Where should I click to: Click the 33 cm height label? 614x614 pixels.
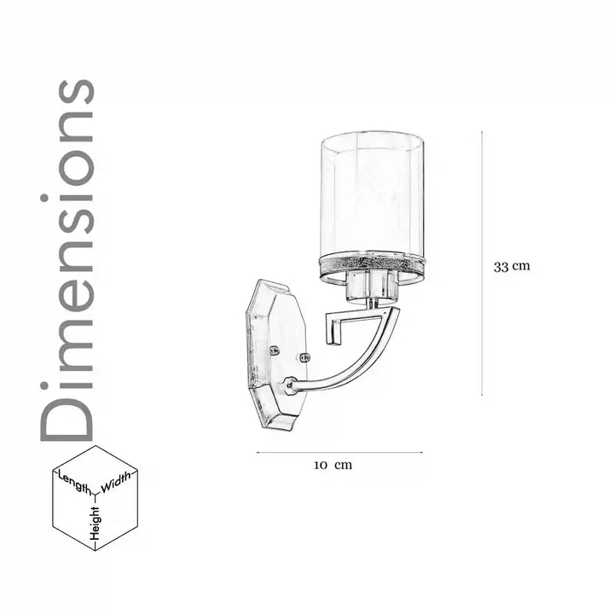[x=512, y=267]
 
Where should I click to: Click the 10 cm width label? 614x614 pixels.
[x=333, y=465]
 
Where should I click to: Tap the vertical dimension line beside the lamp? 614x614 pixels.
[x=482, y=264]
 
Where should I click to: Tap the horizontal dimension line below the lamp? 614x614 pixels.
[x=339, y=453]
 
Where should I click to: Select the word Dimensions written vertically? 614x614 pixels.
[x=67, y=260]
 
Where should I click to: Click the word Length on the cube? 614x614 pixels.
[x=74, y=483]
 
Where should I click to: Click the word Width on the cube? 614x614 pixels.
[x=116, y=483]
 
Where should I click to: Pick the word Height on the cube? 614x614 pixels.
[x=96, y=524]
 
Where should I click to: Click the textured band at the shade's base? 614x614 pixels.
[x=372, y=263]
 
